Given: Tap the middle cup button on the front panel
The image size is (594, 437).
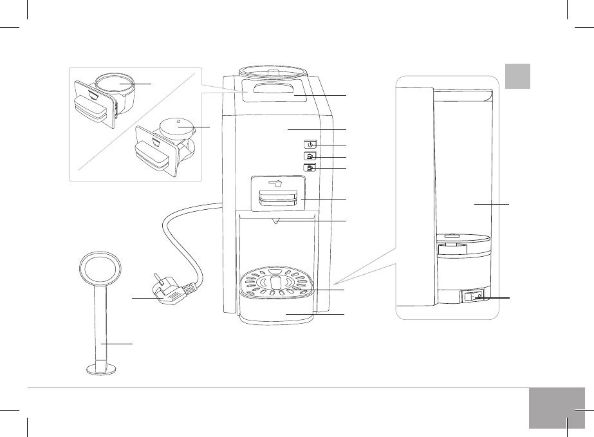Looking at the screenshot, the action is pos(310,156).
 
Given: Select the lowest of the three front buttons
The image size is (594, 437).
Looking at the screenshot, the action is pos(310,169).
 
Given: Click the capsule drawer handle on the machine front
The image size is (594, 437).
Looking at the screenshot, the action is pos(278,199).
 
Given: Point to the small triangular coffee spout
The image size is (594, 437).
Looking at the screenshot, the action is pos(276,222).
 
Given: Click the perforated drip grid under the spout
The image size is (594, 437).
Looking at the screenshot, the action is pos(275,283).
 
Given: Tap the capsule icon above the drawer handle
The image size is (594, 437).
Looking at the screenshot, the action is pos(278,183).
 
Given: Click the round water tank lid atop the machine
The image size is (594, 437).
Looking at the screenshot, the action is pos(272,71).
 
